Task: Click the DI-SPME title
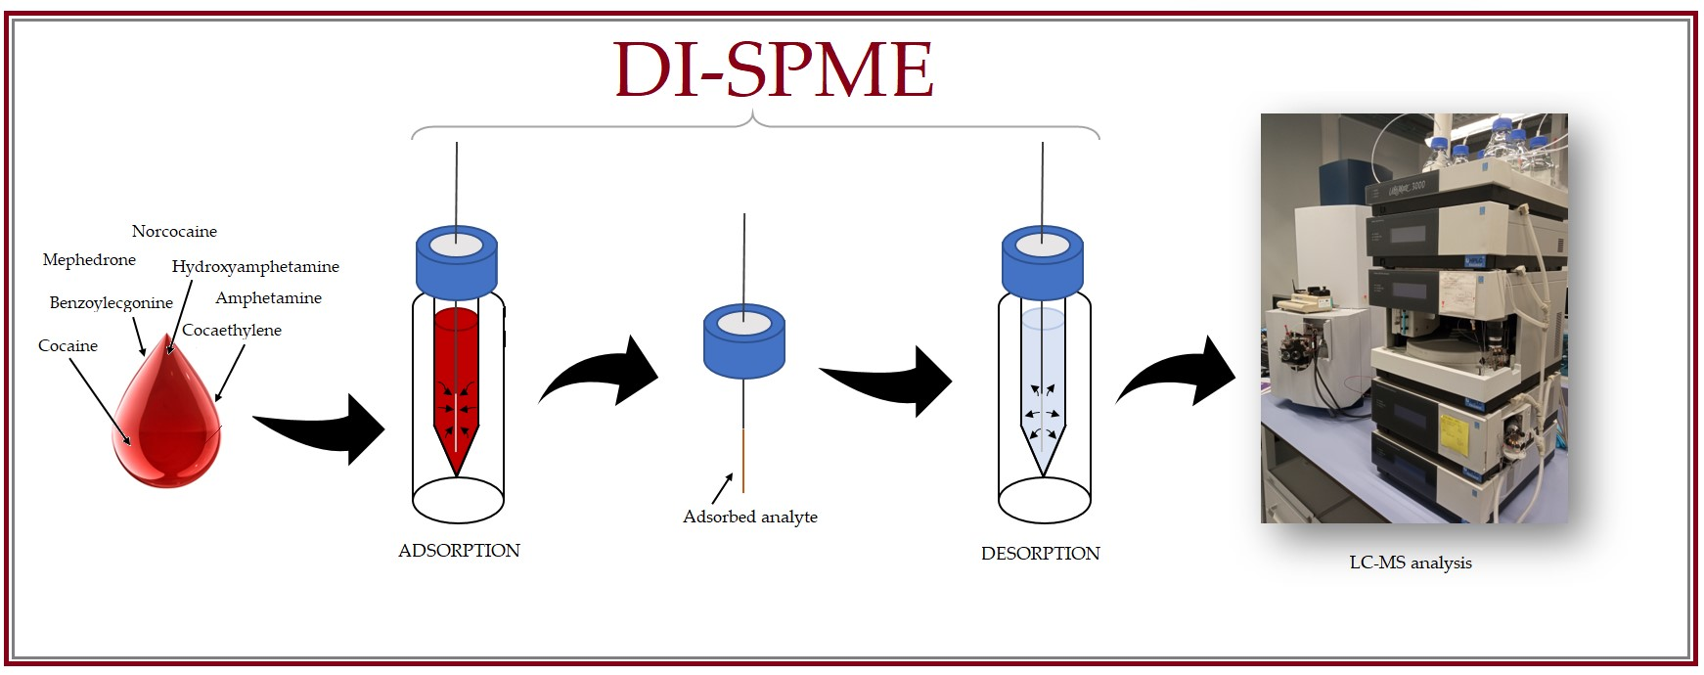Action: click(x=773, y=69)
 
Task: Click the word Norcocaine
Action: click(x=174, y=232)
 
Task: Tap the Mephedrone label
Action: click(x=89, y=260)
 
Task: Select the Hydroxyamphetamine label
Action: click(x=255, y=266)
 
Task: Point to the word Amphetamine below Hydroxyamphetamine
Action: click(x=268, y=298)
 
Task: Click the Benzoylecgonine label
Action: click(x=111, y=303)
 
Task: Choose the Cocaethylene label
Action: click(x=232, y=331)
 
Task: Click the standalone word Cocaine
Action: click(x=67, y=346)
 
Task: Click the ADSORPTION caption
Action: click(x=459, y=551)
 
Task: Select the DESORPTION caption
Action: click(x=1040, y=554)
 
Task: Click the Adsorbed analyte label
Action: click(x=749, y=517)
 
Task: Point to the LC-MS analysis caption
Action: click(x=1410, y=562)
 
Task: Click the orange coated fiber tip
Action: click(x=743, y=460)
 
